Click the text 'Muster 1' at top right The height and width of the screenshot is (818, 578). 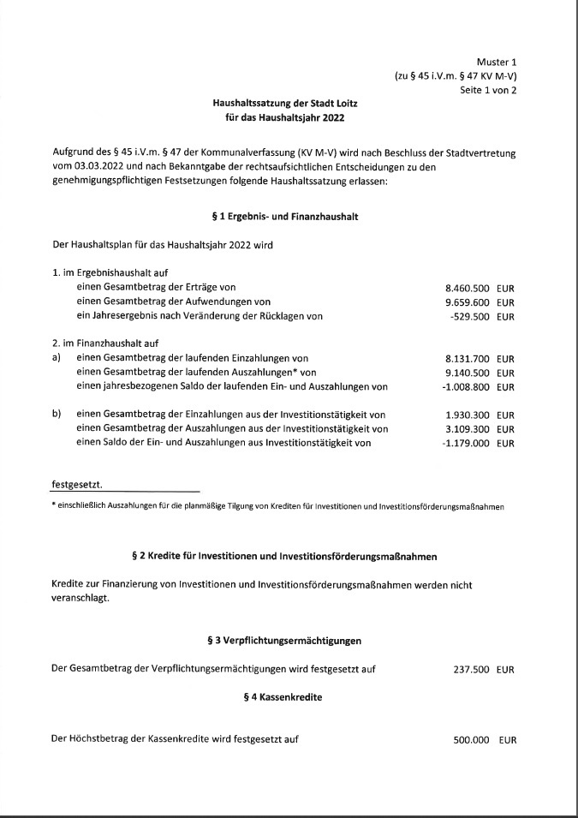[x=497, y=62]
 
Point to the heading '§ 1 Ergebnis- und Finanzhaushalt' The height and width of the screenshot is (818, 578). [x=284, y=217]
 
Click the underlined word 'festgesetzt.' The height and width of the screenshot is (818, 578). [x=76, y=485]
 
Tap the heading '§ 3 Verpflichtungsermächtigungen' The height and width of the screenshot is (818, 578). [x=284, y=640]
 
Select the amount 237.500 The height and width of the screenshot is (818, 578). [x=471, y=670]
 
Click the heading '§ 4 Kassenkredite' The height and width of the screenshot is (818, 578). [x=283, y=698]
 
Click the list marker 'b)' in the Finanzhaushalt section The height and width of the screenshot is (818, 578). [x=57, y=415]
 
